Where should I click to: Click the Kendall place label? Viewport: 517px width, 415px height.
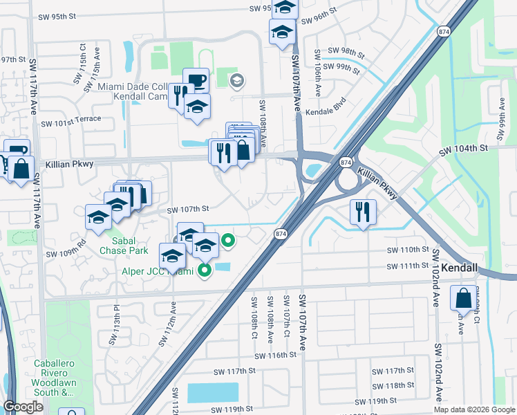pos(459,267)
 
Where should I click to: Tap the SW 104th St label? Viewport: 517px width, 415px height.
pos(464,148)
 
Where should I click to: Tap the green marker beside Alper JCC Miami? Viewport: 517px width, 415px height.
pos(205,270)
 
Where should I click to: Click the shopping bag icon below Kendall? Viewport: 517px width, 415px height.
pos(462,298)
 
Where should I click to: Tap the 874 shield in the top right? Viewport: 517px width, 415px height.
pos(444,31)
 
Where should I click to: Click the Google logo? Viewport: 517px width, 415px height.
pos(23,407)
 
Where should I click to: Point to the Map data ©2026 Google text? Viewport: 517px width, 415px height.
pos(473,409)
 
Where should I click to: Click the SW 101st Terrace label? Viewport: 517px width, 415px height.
pos(71,123)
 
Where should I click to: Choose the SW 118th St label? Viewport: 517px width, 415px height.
pos(393,385)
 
